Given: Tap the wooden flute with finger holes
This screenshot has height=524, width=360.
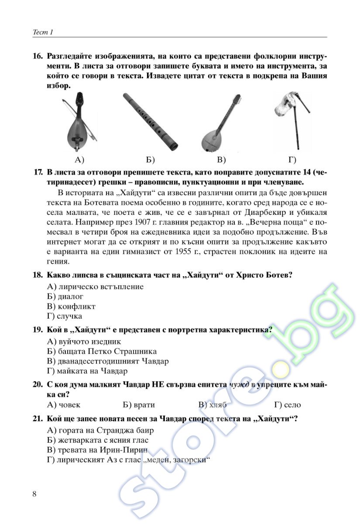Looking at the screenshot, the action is pyautogui.click(x=151, y=122).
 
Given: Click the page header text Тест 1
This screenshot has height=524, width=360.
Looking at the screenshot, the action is pyautogui.click(x=43, y=32).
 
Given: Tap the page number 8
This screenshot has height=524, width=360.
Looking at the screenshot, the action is pyautogui.click(x=34, y=493).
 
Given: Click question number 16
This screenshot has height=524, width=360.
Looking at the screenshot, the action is pyautogui.click(x=38, y=56).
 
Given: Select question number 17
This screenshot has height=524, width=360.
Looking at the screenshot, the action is pyautogui.click(x=38, y=172).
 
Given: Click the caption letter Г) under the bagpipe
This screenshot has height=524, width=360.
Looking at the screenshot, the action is pyautogui.click(x=292, y=160).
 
